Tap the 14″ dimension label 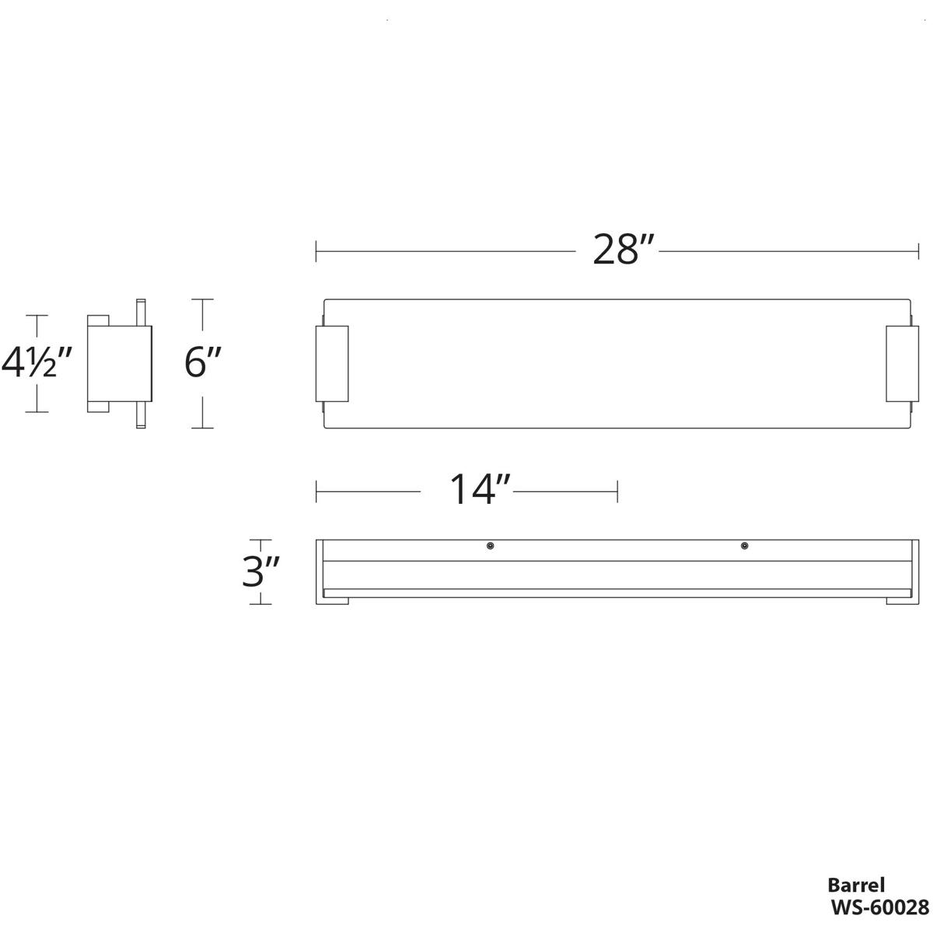click(x=480, y=491)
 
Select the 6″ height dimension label click(x=204, y=363)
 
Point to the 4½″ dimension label click(x=37, y=363)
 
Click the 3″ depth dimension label click(x=260, y=573)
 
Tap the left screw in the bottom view click(x=490, y=547)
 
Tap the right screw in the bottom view click(x=744, y=547)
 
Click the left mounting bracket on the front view click(x=332, y=364)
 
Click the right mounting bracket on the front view click(x=902, y=364)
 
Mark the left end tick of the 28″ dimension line click(x=316, y=252)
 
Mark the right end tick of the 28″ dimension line click(x=919, y=252)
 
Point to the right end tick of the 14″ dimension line click(x=617, y=491)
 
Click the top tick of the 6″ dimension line click(x=203, y=299)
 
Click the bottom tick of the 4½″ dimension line click(x=37, y=412)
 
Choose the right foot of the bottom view click(x=900, y=601)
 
